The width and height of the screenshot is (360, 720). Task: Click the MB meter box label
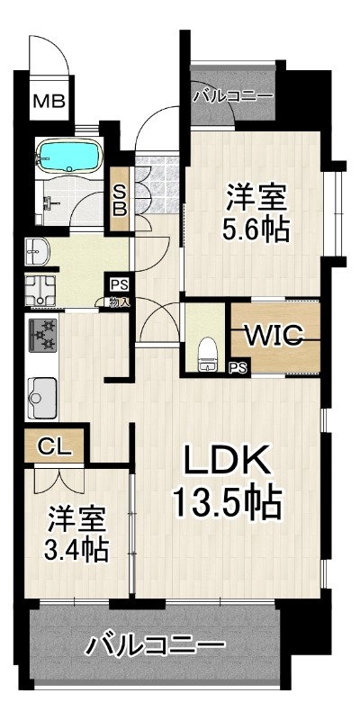click(49, 101)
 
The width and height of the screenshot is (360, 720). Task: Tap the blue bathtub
click(69, 156)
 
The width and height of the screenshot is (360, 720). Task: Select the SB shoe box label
click(120, 199)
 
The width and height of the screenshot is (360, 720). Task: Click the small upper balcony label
click(233, 96)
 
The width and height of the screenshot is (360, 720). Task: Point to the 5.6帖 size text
click(256, 229)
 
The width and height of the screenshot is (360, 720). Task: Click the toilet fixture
click(208, 355)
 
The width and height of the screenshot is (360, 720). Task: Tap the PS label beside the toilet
click(238, 367)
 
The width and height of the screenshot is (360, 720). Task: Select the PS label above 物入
click(117, 284)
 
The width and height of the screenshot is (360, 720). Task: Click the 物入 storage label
click(119, 302)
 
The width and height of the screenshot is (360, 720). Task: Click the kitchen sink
click(42, 398)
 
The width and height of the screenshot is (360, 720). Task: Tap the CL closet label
click(54, 445)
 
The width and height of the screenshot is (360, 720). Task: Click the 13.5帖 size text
click(227, 503)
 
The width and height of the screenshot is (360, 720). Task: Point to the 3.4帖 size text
click(76, 549)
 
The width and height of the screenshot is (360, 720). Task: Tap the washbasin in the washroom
click(38, 252)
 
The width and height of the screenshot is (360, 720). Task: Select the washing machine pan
click(40, 290)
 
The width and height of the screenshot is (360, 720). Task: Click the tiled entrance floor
click(157, 184)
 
